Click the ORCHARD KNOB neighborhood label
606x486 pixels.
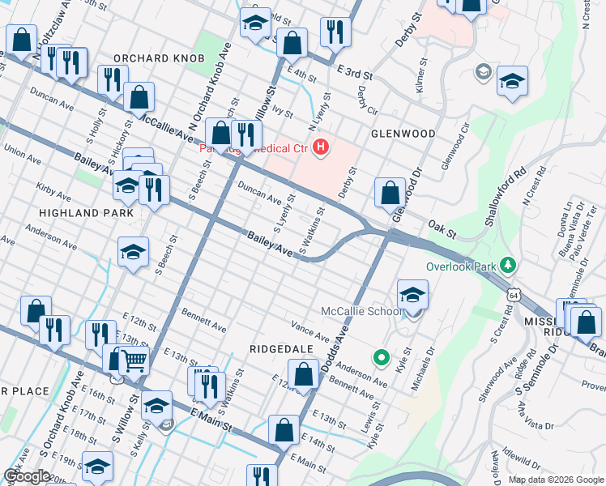(159, 58)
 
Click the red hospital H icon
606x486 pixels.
(321, 147)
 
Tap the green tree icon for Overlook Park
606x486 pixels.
(508, 265)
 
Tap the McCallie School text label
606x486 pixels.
(361, 312)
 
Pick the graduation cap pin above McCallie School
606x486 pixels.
(412, 296)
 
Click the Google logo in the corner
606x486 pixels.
(27, 476)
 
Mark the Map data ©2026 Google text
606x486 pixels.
(555, 480)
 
